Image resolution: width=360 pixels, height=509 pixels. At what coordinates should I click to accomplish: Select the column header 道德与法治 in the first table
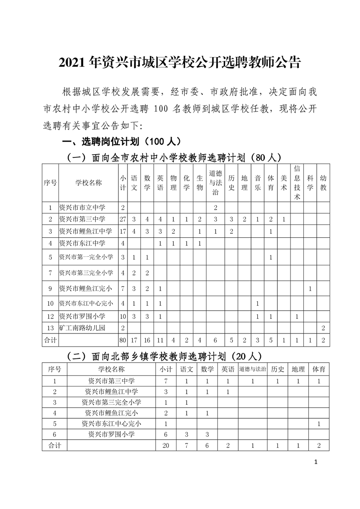pos(216,183)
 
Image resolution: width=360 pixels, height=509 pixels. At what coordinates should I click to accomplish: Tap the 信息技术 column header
pos(297,183)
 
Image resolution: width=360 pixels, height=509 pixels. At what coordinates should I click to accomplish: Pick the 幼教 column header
pos(323,183)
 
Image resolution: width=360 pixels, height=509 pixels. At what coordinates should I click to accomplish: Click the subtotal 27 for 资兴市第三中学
pos(123,220)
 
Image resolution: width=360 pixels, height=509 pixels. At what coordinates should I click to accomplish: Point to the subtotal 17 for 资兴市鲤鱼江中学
pos(123,231)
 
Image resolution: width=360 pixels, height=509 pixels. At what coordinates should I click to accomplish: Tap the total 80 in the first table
pos(123,340)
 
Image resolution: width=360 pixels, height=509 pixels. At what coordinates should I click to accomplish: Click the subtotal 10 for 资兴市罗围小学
pos(123,316)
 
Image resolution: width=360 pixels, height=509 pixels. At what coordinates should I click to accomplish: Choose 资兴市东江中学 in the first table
pos(82,243)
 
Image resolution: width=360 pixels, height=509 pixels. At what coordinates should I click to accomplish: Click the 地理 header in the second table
pos(298,369)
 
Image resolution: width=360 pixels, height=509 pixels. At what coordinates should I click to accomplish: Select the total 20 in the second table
pos(165,445)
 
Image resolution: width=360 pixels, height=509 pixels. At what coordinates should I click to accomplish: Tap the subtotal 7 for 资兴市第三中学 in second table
pos(165,381)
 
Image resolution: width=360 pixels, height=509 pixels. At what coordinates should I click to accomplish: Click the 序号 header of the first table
pos(50,183)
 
